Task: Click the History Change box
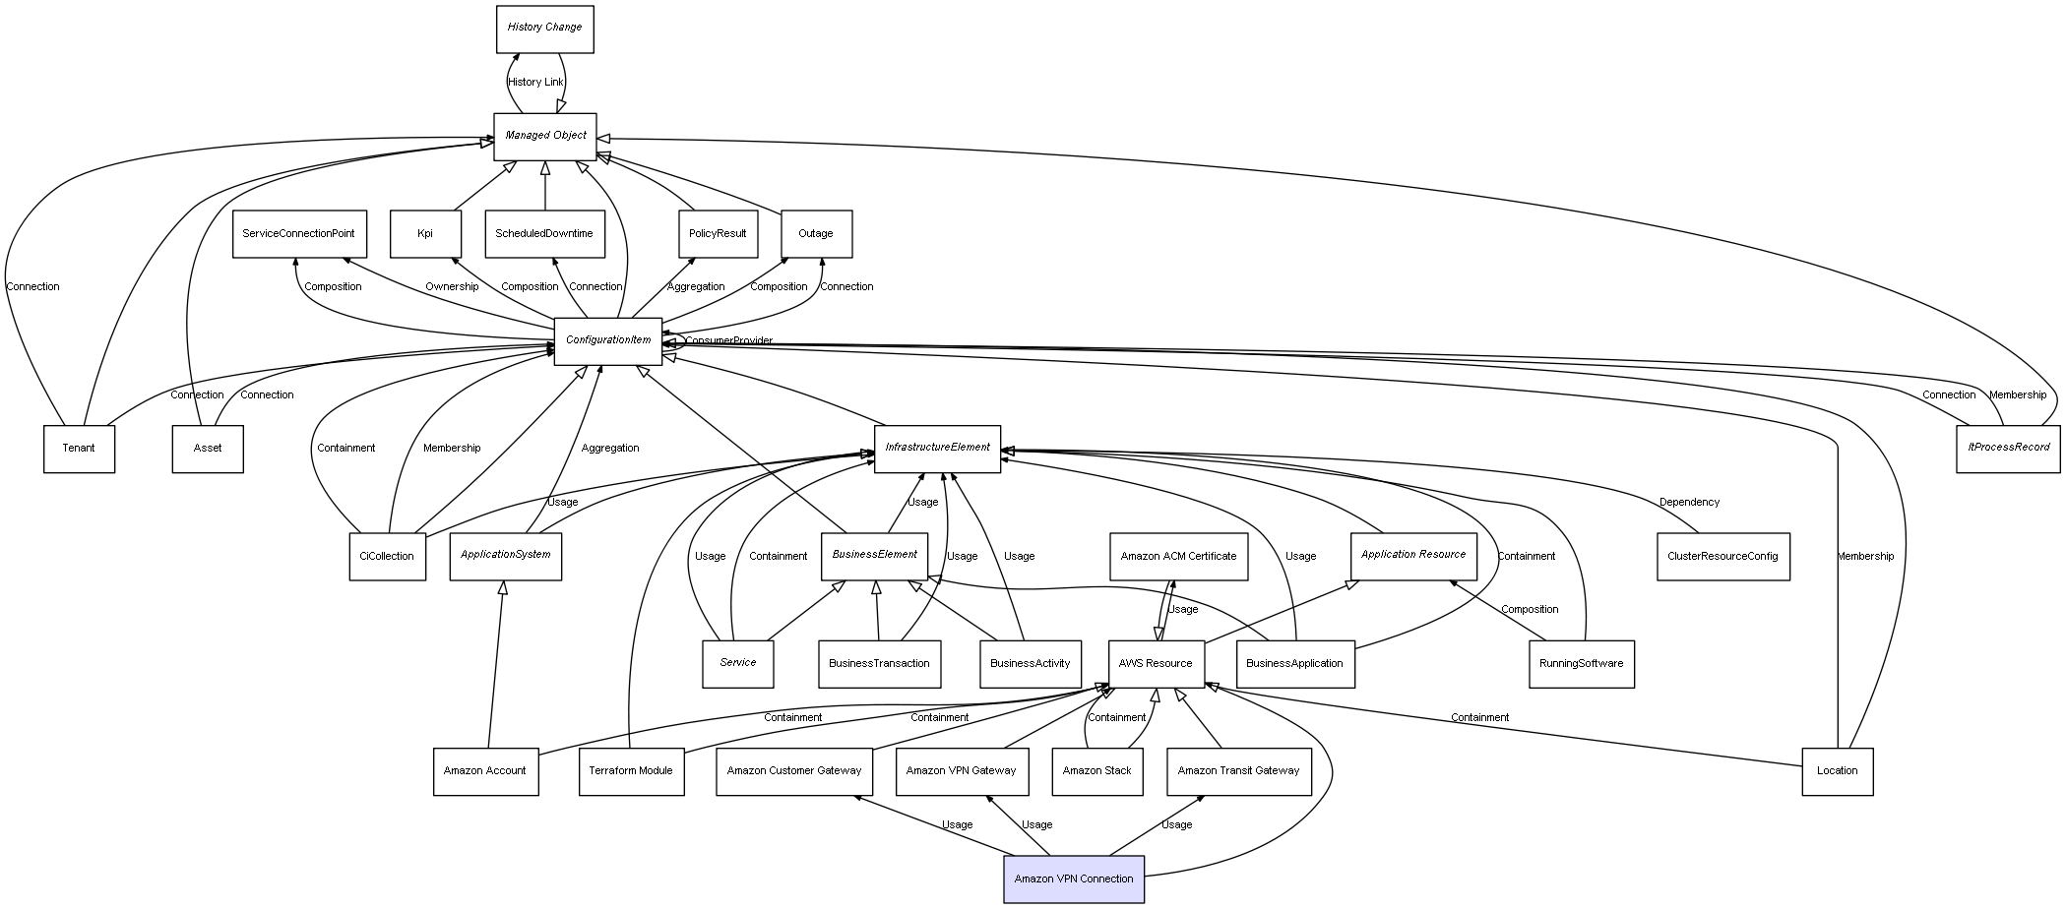coord(544,29)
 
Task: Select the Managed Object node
coord(545,136)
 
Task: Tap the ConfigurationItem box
coord(607,341)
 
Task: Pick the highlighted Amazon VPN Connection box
coord(1073,879)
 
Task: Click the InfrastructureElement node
coord(937,449)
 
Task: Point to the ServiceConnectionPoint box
coord(299,234)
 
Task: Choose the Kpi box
coord(425,234)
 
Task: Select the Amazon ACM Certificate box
coord(1178,557)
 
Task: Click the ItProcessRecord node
coord(2008,449)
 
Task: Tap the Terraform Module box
coord(631,771)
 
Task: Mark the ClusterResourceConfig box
coord(1722,557)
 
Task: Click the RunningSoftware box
coord(1581,664)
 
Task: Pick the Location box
coord(1837,771)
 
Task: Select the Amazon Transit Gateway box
coord(1238,771)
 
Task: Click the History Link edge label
coord(535,83)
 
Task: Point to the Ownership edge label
coord(452,287)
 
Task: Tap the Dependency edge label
coord(1689,503)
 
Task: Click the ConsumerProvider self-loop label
coord(728,341)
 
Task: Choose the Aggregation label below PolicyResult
coord(696,287)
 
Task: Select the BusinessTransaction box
coord(879,664)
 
